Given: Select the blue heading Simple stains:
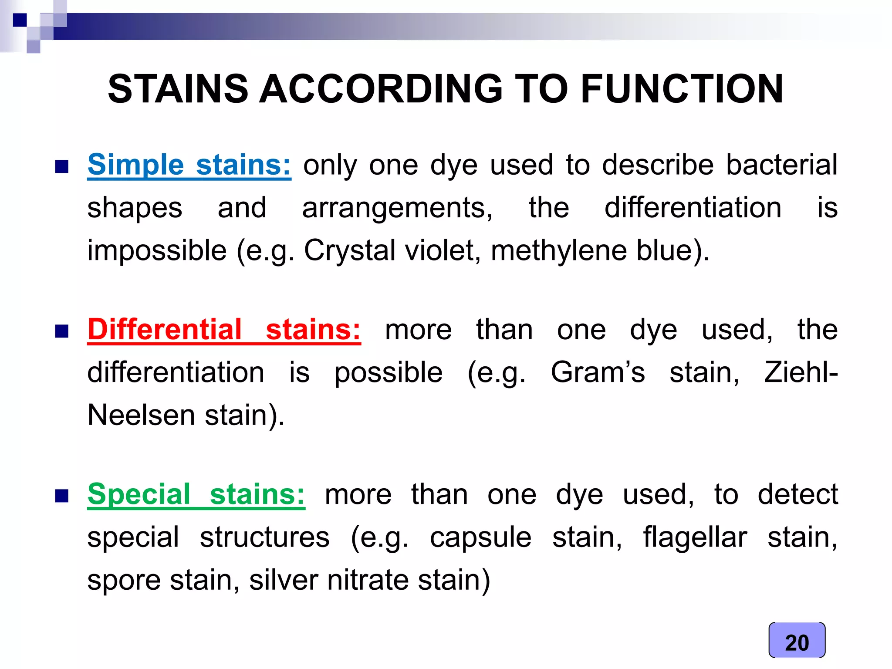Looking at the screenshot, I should coord(189,165).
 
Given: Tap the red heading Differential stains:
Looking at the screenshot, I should coord(224,330).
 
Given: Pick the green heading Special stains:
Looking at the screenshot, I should coord(196,494).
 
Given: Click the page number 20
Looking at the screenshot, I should coord(797,642).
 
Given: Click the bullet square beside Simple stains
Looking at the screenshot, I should coord(62,166).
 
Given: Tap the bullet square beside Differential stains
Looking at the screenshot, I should coord(62,331).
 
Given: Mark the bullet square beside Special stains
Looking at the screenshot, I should coord(62,496).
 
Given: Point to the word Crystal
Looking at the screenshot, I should coord(350,251).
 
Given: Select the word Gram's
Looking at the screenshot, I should coord(598,373).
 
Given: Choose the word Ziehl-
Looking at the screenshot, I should coord(801,373).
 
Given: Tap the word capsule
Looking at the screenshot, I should coord(480,537).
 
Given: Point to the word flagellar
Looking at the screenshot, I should coord(695,537).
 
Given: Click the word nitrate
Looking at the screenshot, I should coord(368,580).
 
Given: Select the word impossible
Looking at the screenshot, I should coord(157,251).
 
